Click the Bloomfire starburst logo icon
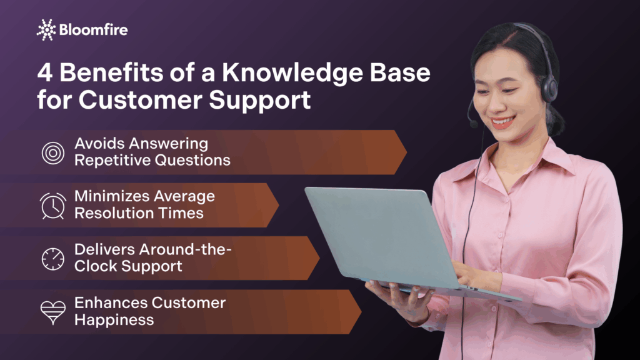(x=46, y=29)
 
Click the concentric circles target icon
(x=53, y=152)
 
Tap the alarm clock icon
(x=53, y=205)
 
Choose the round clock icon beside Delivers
(x=53, y=258)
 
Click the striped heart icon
(x=53, y=312)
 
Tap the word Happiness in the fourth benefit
(x=114, y=320)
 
